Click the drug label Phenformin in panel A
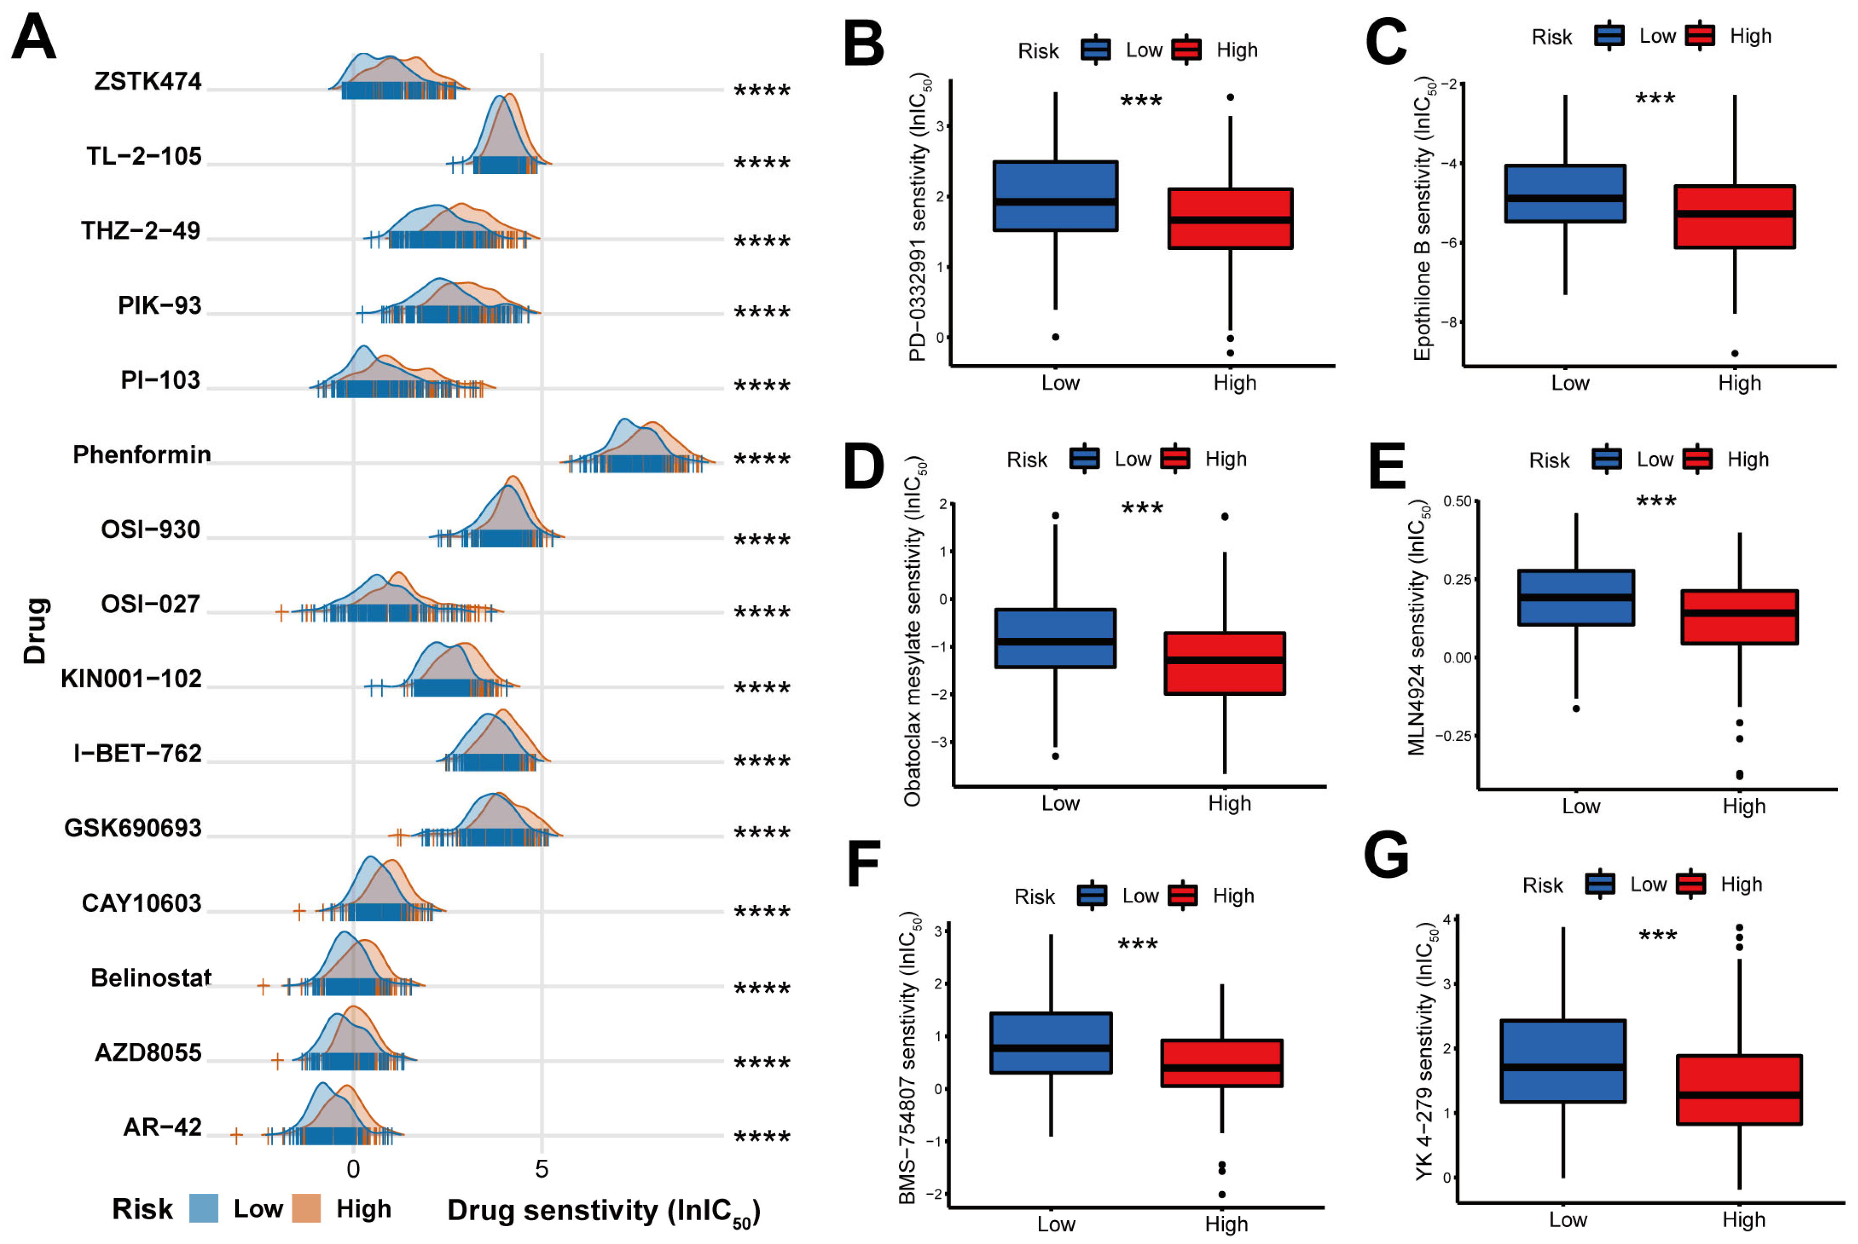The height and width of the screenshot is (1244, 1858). tap(142, 454)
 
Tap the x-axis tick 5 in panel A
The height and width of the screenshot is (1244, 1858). tap(541, 1170)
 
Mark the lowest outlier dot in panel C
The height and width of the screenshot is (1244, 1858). tap(1735, 353)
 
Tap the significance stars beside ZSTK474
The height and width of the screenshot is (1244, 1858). tap(762, 90)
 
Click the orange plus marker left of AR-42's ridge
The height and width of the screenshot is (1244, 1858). tap(236, 1136)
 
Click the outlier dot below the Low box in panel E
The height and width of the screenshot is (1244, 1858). tap(1576, 708)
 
